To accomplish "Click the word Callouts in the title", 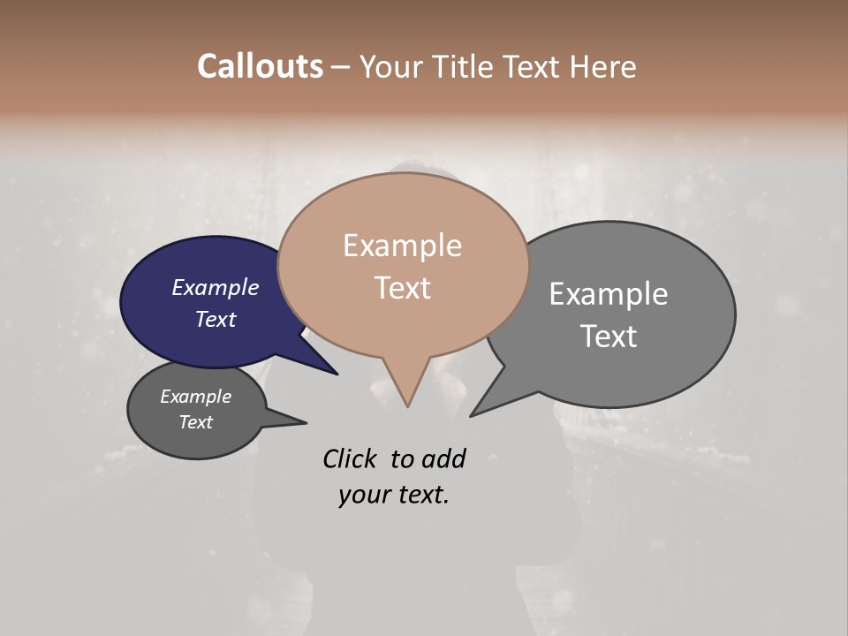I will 260,66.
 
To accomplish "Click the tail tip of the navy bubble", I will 337,374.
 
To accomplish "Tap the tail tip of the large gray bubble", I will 472,415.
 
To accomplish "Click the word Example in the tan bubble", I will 402,246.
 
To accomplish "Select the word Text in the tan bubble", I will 402,288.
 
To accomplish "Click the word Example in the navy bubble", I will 215,287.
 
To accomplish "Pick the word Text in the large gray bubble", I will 609,337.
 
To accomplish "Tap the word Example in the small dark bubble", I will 195,397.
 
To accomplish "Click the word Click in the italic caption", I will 350,458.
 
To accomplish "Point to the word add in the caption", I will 443,458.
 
